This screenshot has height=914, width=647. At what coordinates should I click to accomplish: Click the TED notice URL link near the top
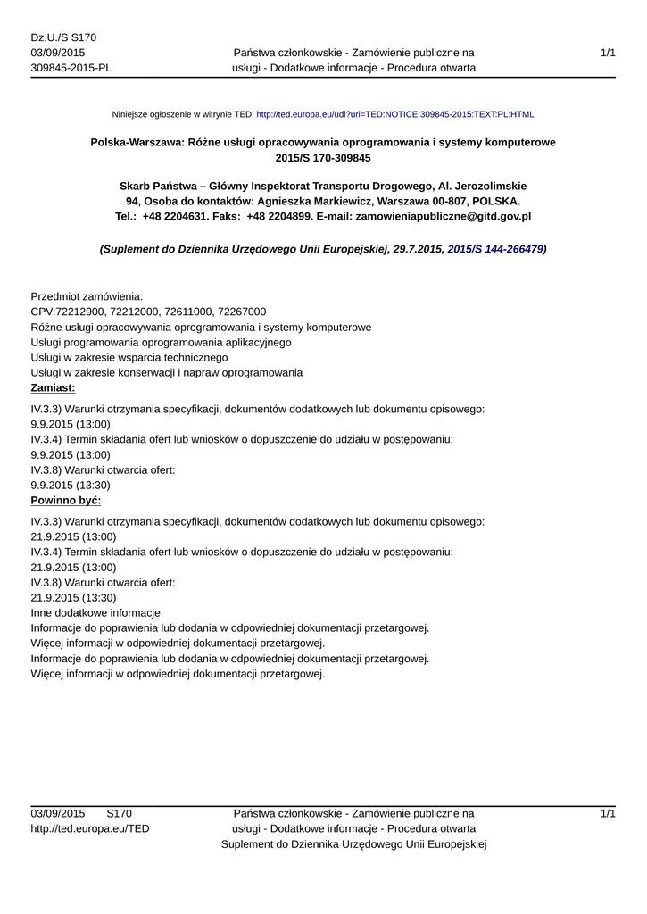[394, 115]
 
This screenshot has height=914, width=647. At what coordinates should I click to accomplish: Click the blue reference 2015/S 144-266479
[495, 250]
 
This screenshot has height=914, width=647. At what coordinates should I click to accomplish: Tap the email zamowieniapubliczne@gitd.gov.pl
[444, 216]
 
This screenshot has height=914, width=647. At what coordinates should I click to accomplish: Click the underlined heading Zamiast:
[53, 388]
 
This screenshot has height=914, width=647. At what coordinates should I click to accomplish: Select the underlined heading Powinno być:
[66, 501]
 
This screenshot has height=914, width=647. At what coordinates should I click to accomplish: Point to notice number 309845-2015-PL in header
[71, 68]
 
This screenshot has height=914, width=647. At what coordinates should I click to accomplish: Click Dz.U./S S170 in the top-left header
[63, 37]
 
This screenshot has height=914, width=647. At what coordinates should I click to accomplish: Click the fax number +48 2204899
[279, 216]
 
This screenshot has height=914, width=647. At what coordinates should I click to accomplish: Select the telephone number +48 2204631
[175, 216]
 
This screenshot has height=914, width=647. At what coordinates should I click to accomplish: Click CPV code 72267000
[241, 312]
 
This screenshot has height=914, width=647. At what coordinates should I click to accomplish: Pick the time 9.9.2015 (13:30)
[71, 486]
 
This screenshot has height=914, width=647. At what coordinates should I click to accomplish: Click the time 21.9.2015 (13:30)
[73, 598]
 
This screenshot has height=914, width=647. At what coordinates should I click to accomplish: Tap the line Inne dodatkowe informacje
[95, 613]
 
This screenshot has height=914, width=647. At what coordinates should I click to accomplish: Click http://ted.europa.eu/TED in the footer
[90, 829]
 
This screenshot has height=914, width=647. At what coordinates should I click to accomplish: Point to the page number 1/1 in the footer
[608, 814]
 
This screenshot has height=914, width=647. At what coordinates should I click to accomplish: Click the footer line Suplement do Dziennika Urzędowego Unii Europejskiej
[353, 844]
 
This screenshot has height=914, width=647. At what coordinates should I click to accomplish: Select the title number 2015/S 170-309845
[323, 158]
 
